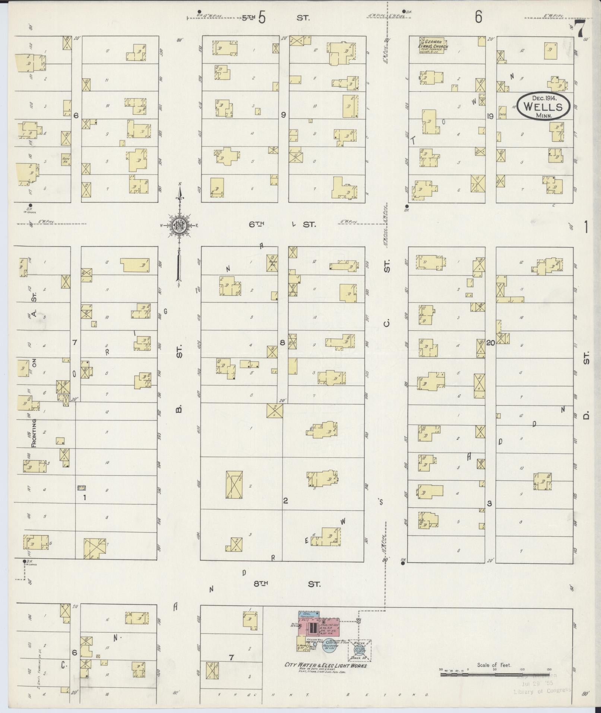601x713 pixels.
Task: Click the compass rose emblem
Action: click(x=179, y=225)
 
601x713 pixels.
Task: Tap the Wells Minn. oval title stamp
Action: click(x=543, y=106)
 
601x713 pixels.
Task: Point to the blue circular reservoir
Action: click(x=329, y=644)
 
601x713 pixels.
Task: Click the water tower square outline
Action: click(x=360, y=651)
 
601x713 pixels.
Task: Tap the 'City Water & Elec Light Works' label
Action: click(x=325, y=666)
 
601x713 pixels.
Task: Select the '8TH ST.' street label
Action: click(x=287, y=584)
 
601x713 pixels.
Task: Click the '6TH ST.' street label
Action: click(x=282, y=224)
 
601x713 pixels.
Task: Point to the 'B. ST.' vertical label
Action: click(x=179, y=380)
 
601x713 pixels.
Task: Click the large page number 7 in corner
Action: click(x=580, y=29)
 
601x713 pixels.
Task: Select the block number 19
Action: click(x=490, y=116)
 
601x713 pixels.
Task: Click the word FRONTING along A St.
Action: click(x=34, y=433)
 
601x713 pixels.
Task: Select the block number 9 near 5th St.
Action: click(x=283, y=115)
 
